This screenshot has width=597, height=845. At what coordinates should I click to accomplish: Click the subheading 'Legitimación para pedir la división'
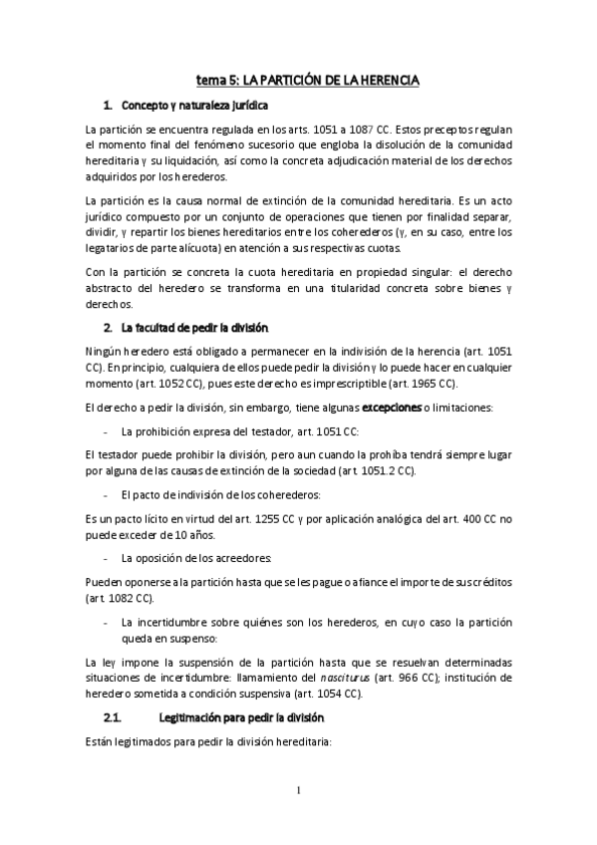pyautogui.click(x=269, y=718)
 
